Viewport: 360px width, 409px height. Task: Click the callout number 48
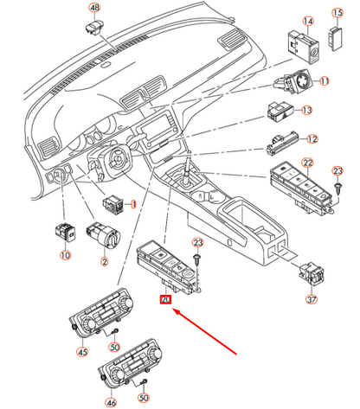[x=94, y=8]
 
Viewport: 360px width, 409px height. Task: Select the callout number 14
[x=308, y=22]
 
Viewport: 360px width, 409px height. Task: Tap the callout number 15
[x=337, y=13]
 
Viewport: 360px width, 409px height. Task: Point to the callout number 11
[x=325, y=81]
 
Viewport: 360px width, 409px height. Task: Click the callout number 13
[x=307, y=110]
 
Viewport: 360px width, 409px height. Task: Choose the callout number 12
[x=312, y=139]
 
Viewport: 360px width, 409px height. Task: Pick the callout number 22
[x=307, y=163]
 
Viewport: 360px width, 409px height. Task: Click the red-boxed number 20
[x=166, y=300]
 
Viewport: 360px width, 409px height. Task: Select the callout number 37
[x=312, y=299]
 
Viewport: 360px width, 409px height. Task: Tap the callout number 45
[x=82, y=352]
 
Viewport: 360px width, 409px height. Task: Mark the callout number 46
[x=112, y=402]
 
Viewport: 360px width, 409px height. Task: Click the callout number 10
[x=66, y=255]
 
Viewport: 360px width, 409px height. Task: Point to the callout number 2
[x=104, y=262]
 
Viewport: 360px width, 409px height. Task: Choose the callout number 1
[x=133, y=204]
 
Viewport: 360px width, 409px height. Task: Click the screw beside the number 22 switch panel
[x=337, y=189]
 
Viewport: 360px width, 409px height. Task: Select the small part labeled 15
[x=336, y=38]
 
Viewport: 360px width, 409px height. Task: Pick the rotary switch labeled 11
[x=293, y=81]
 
